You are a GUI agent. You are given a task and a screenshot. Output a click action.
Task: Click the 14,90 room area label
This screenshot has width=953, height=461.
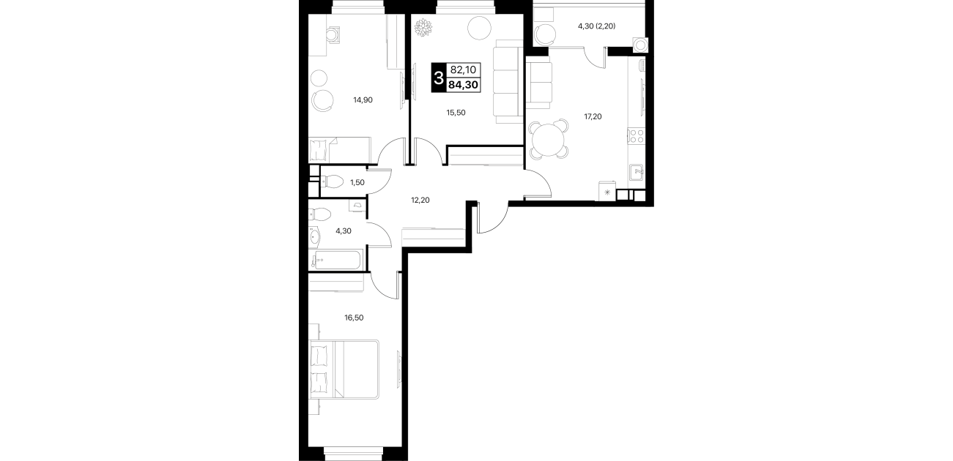[x=363, y=100]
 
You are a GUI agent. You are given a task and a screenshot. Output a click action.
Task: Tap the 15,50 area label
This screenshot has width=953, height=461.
[x=456, y=113]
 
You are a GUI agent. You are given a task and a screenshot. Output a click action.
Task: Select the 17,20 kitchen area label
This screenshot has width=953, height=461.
[x=593, y=116]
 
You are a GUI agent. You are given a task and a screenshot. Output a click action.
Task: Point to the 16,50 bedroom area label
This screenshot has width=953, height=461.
[x=354, y=318]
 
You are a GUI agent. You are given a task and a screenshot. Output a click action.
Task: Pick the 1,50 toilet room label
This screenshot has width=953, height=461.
[x=357, y=183]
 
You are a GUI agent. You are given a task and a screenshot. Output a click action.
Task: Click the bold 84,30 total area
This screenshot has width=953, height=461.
[x=463, y=85]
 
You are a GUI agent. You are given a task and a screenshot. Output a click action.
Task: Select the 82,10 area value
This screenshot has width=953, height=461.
[x=463, y=70]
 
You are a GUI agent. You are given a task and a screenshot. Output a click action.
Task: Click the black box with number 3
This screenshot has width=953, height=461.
[x=439, y=78]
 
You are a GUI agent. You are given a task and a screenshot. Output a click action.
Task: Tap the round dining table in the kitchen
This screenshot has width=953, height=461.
[x=549, y=139]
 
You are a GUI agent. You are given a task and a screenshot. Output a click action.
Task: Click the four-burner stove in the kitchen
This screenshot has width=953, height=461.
[x=637, y=136]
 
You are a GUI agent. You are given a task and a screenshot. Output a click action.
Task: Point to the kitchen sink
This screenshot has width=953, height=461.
[x=637, y=172]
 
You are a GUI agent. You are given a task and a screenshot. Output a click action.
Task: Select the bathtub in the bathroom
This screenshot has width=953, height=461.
[x=338, y=260]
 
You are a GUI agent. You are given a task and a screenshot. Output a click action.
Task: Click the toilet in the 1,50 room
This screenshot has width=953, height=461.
[x=331, y=183]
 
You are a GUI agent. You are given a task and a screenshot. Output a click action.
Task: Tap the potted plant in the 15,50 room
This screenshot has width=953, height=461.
[x=423, y=28]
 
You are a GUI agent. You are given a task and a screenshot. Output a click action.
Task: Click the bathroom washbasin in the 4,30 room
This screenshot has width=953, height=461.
[x=314, y=237]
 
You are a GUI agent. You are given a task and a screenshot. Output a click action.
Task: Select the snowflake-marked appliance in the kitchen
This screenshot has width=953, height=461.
[x=607, y=192]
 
